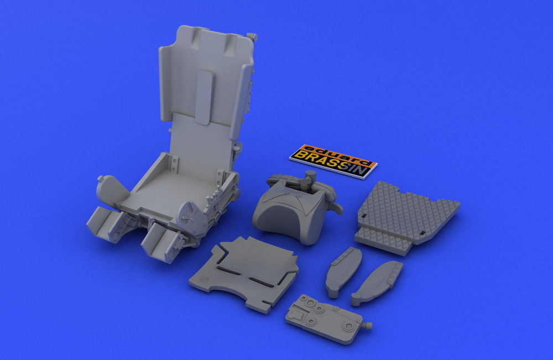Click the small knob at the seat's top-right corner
(253, 36)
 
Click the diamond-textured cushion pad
(405, 215)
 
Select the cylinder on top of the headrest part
(311, 176)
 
